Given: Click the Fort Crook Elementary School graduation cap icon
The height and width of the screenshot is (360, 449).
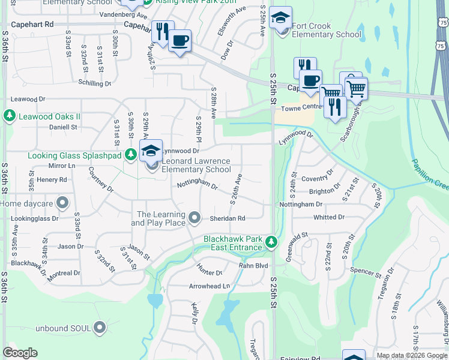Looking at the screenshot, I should pos(280,18).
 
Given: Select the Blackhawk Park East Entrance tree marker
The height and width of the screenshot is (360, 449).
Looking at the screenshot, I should pos(272,242).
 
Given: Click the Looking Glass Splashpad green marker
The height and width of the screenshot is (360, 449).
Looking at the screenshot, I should pos(130,156).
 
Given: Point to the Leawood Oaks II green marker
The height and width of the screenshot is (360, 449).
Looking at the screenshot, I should pos(10,115).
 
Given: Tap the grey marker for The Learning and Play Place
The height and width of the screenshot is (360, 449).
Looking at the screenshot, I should pos(194,217).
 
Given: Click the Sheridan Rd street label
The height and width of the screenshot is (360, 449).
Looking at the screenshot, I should pos(228,218).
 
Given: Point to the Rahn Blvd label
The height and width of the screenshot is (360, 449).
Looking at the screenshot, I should pos(253,266).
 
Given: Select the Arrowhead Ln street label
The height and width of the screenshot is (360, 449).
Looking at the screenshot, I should pos(209,287).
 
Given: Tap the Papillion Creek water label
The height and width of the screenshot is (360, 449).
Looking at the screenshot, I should pos(430,174).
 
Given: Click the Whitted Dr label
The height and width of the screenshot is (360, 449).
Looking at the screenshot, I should pos(329,217).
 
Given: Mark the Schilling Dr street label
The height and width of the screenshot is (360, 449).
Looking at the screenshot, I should pos(94,83).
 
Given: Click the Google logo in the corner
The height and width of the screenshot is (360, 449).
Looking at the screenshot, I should pos(20,353).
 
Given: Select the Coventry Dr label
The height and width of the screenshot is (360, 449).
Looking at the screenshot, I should pos(317,178).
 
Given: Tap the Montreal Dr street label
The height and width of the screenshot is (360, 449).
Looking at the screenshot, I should pos(64,273).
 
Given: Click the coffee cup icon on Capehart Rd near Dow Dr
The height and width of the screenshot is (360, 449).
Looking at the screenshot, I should pos(179,41).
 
